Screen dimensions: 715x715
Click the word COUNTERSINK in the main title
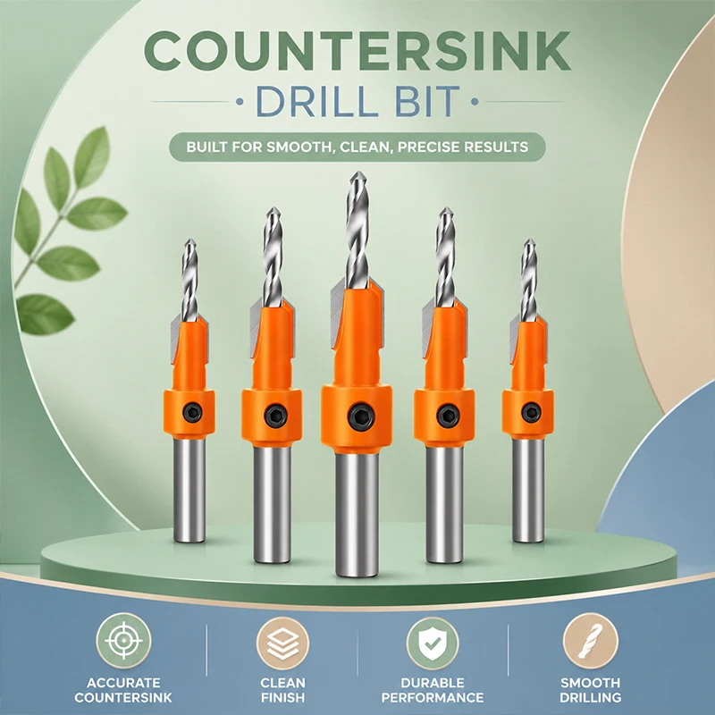357,51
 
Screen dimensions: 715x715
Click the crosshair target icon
123,641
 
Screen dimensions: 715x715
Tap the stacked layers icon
282,643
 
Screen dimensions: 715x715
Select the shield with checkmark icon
433,643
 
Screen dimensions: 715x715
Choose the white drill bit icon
590,641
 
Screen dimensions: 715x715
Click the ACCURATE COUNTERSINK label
123,690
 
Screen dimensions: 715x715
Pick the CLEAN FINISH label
282,690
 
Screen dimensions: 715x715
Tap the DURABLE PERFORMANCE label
433,690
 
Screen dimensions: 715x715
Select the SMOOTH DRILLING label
590,690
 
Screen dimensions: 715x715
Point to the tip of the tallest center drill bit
357,172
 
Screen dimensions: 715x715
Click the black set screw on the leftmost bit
192,414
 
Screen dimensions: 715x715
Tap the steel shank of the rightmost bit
528,490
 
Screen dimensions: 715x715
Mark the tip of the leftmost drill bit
189,240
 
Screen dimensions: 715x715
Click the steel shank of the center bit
357,515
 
